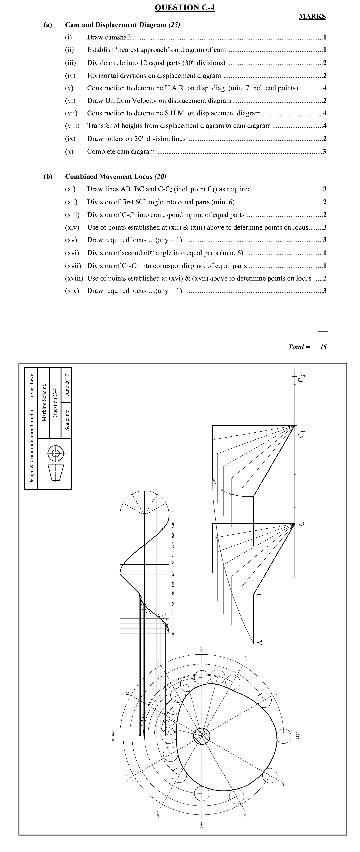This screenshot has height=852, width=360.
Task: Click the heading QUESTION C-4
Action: point(184,7)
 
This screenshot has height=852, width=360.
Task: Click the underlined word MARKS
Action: point(312,17)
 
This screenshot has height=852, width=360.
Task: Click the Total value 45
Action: point(323,347)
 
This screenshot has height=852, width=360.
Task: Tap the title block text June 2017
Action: point(67,385)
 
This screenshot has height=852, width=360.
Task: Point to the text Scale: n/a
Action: point(67,420)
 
